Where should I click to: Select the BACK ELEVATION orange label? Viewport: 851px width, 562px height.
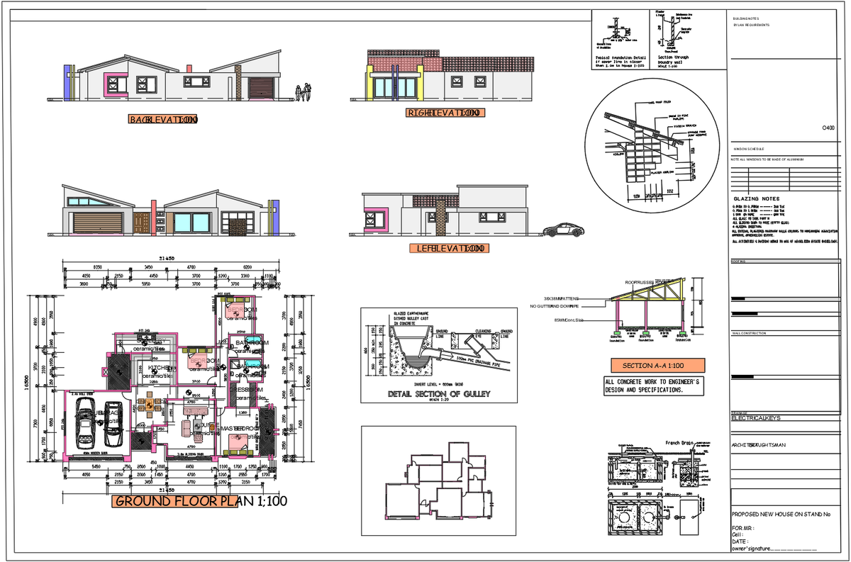(x=162, y=120)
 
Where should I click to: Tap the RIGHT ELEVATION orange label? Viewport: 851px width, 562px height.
(x=444, y=113)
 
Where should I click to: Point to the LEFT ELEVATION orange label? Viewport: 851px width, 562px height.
(x=449, y=249)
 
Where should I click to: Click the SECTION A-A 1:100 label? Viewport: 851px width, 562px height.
(x=658, y=366)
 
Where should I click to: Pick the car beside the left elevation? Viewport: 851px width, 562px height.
(x=564, y=230)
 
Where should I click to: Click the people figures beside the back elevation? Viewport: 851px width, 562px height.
(x=303, y=93)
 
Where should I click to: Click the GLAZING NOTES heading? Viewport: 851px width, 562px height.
(x=756, y=199)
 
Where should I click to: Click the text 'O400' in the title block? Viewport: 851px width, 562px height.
(x=828, y=128)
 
